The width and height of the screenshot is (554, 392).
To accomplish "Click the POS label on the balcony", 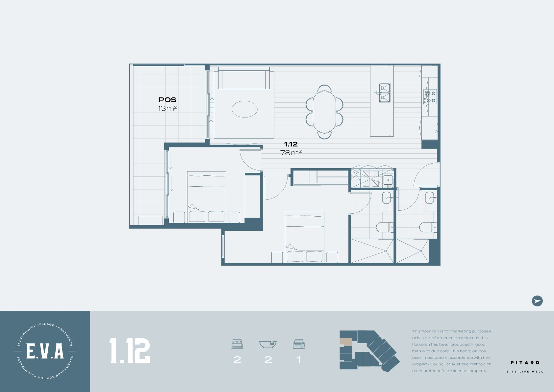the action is pyautogui.click(x=167, y=100).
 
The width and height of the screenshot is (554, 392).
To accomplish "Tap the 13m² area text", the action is pyautogui.click(x=167, y=108).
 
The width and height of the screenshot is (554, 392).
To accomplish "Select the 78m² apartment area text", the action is pyautogui.click(x=291, y=153).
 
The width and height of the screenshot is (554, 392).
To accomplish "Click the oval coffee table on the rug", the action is pyautogui.click(x=244, y=109).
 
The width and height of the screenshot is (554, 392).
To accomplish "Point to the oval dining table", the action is pyautogui.click(x=324, y=112).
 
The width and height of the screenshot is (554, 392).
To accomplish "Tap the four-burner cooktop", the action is pyautogui.click(x=430, y=97).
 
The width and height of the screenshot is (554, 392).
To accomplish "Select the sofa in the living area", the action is pyautogui.click(x=244, y=78).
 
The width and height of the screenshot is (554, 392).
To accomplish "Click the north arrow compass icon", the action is pyautogui.click(x=537, y=301).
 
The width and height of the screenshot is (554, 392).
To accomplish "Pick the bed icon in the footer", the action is pyautogui.click(x=237, y=344).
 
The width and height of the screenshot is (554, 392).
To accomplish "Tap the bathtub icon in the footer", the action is pyautogui.click(x=268, y=344).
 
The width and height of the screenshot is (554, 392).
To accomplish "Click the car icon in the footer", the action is pyautogui.click(x=299, y=344).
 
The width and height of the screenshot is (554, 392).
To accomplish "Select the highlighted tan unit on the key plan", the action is pyautogui.click(x=346, y=342).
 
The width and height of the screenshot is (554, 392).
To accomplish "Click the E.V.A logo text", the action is pyautogui.click(x=45, y=351).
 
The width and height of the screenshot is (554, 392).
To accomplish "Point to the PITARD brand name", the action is pyautogui.click(x=525, y=363).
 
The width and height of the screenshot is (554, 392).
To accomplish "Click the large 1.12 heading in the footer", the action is pyautogui.click(x=130, y=351).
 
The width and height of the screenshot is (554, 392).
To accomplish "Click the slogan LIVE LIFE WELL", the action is pyautogui.click(x=525, y=372).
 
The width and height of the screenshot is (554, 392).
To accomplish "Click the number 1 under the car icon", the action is pyautogui.click(x=299, y=360).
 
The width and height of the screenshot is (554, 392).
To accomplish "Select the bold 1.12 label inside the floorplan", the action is pyautogui.click(x=291, y=144).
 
